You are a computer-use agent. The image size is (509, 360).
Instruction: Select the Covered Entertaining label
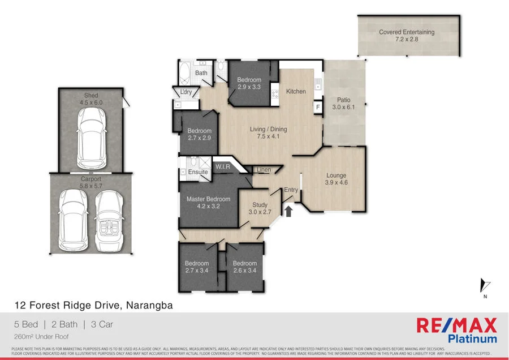[407, 32]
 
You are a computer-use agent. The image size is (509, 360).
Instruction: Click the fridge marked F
[318, 107]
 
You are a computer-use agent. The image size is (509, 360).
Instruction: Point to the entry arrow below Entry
[288, 212]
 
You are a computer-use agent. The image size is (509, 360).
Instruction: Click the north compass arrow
[484, 286]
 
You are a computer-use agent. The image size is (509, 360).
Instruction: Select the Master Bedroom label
[209, 199]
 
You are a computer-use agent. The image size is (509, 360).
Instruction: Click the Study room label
[260, 205]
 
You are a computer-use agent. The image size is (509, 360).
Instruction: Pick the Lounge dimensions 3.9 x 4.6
[335, 183]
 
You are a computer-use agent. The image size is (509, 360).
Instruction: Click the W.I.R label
[221, 166]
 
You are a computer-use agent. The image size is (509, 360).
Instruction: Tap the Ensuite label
[198, 172]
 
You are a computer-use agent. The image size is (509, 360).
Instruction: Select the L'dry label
[186, 92]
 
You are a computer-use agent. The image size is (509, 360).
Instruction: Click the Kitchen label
[296, 91]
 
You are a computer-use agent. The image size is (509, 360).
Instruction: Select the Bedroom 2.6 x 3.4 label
[245, 271]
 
